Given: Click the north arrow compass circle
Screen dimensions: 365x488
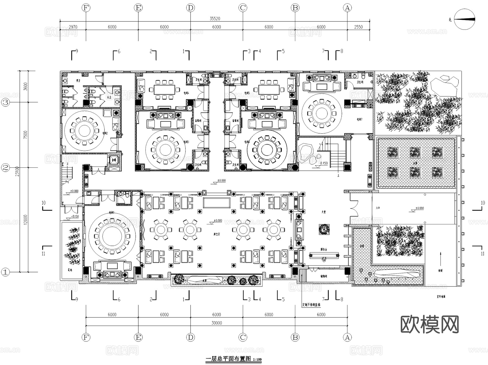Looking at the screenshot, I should click(464, 19).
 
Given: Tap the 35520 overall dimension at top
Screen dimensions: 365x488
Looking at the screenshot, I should click(215, 19).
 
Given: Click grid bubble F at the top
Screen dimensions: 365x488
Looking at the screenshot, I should click(86, 8).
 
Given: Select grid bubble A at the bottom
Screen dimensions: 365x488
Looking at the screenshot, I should click(347, 337).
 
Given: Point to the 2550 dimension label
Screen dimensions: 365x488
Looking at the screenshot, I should click(358, 27).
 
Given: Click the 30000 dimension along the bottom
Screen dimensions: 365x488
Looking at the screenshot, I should click(217, 323).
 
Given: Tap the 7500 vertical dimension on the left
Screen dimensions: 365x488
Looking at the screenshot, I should click(25, 135).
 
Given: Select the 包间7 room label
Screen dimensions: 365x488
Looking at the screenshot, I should click(359, 119).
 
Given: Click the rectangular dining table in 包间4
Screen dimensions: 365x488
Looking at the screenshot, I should click(164, 89).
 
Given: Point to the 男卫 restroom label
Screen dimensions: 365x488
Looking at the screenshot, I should click(78, 80).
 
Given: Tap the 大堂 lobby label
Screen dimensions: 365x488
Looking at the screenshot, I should click(324, 212).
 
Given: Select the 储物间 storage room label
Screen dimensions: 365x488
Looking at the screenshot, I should click(324, 276).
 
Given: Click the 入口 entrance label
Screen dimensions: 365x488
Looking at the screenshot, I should click(378, 208).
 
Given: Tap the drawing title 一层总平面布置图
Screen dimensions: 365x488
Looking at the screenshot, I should click(229, 359).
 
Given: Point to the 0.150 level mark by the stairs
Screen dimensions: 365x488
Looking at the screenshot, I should click(324, 163).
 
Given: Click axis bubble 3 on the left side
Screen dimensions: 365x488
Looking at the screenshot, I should click(6, 102).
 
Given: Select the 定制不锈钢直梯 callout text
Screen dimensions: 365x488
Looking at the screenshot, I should click(311, 305).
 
